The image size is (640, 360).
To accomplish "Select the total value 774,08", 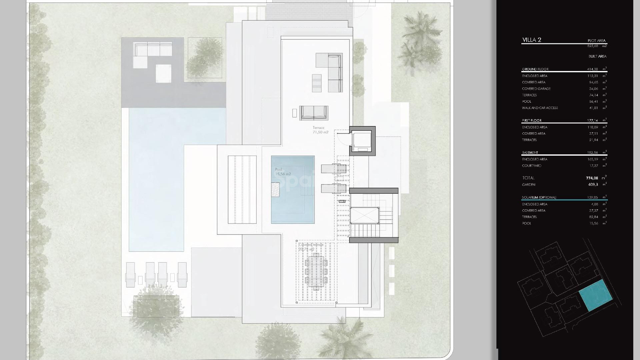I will (592, 178).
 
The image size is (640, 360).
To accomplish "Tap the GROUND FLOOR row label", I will (535, 69).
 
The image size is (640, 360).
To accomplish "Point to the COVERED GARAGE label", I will (536, 89).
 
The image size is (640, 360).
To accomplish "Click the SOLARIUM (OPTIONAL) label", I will (539, 198).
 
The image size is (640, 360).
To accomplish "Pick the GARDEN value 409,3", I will (593, 185).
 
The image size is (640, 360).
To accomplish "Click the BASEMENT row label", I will (530, 153).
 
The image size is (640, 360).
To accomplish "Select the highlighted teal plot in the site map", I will (595, 295).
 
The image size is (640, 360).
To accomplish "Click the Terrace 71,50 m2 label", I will (320, 130).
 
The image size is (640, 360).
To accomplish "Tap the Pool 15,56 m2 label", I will (283, 172).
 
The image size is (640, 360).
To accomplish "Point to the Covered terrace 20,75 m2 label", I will (310, 247).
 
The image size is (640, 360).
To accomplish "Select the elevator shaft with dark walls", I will (362, 141).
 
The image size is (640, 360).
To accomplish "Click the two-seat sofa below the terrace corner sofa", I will (314, 113).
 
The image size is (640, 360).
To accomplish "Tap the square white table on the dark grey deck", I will (163, 74).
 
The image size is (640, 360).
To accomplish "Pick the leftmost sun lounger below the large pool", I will (130, 274).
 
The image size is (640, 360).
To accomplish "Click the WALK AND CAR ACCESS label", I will (540, 108).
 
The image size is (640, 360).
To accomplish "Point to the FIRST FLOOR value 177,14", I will (592, 121).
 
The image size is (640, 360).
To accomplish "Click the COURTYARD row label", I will (531, 166).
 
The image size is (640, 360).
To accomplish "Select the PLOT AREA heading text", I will (596, 41).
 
